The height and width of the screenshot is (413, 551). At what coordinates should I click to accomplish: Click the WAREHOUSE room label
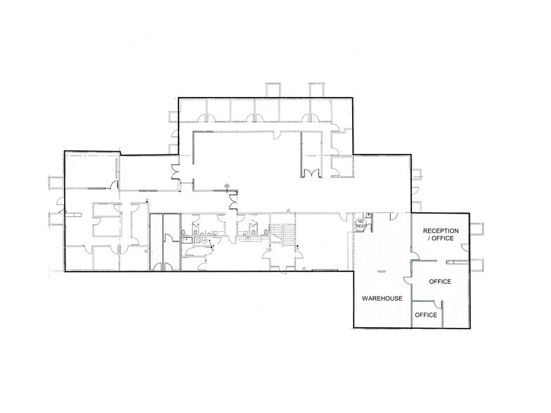pos(382,299)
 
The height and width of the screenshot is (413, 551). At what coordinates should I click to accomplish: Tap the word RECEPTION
pos(440,231)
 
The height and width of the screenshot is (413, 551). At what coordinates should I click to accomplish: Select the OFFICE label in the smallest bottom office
pos(427,315)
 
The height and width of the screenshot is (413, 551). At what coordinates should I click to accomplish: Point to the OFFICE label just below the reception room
pos(440,282)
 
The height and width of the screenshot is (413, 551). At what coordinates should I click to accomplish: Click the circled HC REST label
pos(362,223)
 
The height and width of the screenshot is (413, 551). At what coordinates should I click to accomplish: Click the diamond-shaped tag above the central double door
pos(227,185)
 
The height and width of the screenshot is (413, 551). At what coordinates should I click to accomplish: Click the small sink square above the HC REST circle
pos(368,216)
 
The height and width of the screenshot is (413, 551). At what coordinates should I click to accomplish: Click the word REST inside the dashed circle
pos(362,226)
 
